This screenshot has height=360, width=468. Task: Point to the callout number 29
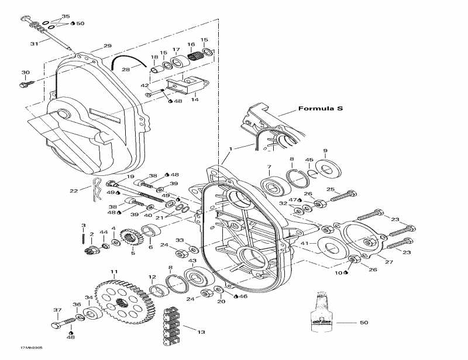tap(107, 46)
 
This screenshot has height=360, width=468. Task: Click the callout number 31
tap(34, 44)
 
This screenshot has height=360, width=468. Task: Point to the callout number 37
tap(57, 310)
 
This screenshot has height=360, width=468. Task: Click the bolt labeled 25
tap(345, 196)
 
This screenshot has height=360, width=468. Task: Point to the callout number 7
tap(269, 168)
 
